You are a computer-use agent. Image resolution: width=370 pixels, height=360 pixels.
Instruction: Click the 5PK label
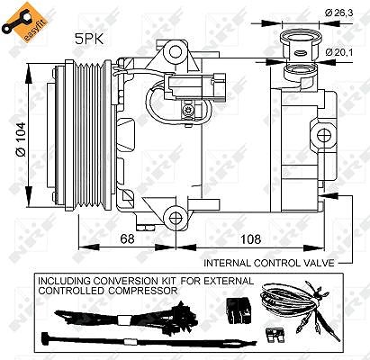tap(89, 40)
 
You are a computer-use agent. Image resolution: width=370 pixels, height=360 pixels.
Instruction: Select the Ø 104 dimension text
tap(22, 139)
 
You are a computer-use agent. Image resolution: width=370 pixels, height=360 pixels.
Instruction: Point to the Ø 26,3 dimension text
tap(338, 13)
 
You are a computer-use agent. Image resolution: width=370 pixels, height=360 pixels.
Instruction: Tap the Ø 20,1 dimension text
tap(339, 52)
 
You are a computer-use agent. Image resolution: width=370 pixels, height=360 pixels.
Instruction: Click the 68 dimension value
tap(127, 239)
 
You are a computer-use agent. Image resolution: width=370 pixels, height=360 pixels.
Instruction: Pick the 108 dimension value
tap(250, 239)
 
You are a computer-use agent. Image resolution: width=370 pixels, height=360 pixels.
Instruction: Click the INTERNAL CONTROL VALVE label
tap(269, 263)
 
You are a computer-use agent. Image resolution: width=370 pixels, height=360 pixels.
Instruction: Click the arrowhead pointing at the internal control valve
tap(328, 195)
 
